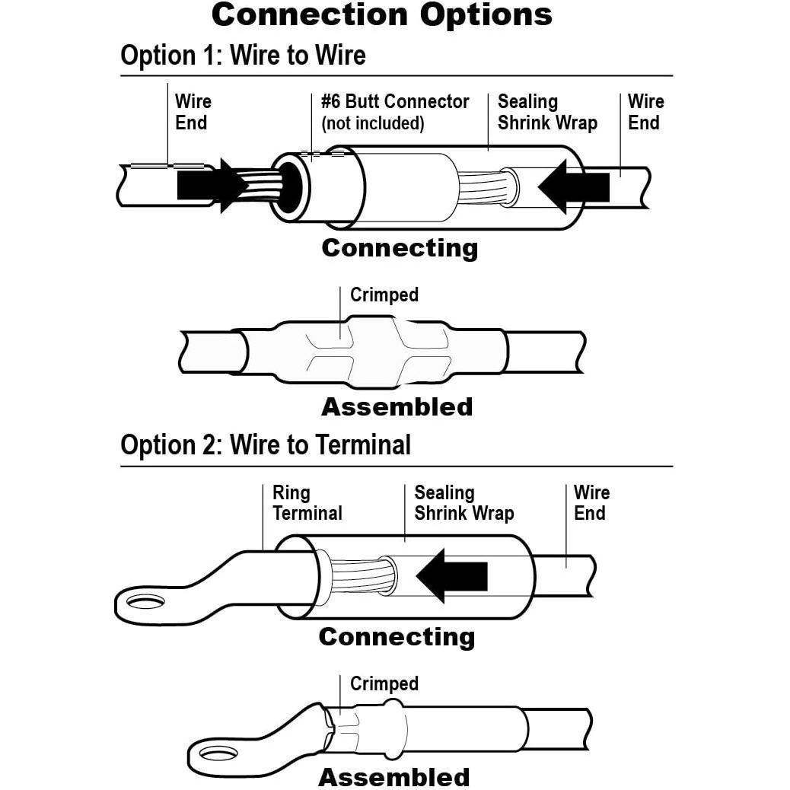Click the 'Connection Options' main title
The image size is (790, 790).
pos(382,15)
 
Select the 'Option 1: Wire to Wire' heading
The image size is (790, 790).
pos(243,56)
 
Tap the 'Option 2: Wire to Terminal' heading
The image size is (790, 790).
pos(266,444)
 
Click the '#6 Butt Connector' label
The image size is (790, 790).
pos(395,102)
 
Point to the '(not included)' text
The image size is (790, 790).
pos(373,123)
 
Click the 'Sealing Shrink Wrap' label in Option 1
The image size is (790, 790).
pos(547,113)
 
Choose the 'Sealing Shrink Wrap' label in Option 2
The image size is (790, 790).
pos(463,503)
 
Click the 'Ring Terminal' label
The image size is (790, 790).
pos(307,503)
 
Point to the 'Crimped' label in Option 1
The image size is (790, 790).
pos(384,295)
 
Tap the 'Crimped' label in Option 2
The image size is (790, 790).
pos(384,684)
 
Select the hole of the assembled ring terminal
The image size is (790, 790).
pos(217,754)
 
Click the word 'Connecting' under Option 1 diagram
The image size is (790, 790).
pos(400,248)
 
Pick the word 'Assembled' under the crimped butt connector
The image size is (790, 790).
pos(397,407)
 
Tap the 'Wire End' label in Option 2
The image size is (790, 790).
pos(591,503)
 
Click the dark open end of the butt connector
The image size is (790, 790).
pos(290,185)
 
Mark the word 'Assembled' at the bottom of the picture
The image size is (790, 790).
pos(393,778)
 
